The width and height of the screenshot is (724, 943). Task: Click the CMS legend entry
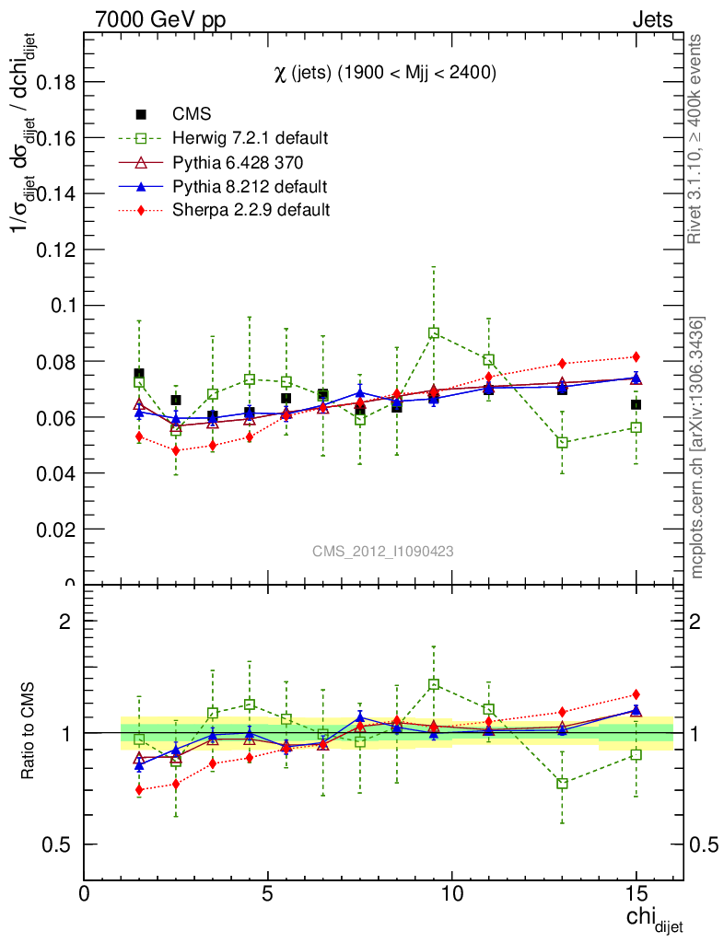(x=192, y=114)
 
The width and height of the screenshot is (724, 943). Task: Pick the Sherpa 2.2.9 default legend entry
(x=251, y=210)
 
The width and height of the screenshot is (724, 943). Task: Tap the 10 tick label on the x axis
(x=452, y=894)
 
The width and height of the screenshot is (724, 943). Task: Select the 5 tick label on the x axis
(x=268, y=894)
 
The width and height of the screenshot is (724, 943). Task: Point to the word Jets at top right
(x=651, y=19)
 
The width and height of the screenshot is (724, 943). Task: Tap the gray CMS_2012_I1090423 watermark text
(x=382, y=551)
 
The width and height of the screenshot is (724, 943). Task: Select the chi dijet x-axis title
(x=654, y=919)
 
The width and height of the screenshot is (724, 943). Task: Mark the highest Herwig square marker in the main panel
(x=434, y=332)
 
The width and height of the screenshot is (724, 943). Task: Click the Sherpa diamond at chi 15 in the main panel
(x=636, y=356)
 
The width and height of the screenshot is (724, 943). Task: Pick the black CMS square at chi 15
(x=636, y=404)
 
